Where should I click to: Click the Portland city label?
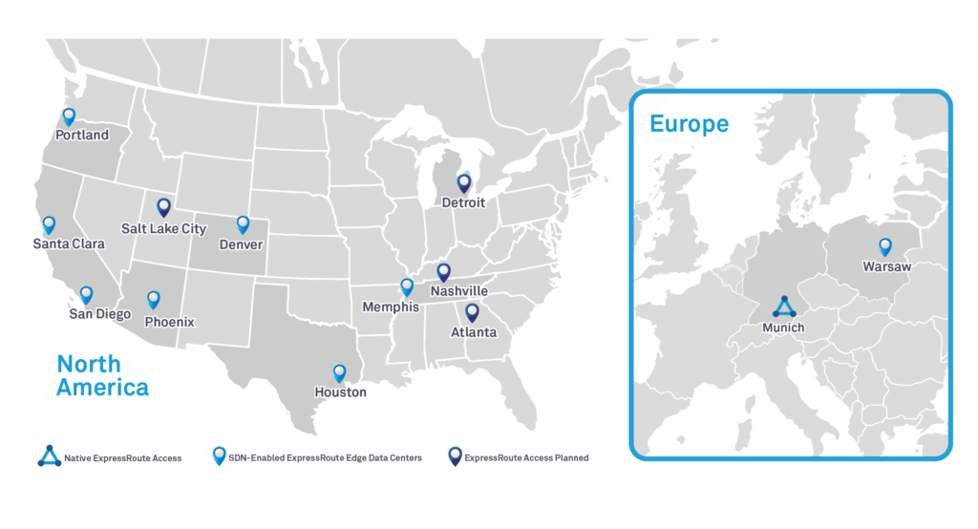[82, 136]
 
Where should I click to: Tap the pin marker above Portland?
[69, 116]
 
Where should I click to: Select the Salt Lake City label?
[163, 229]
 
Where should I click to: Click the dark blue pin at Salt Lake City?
[163, 206]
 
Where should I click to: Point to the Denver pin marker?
[243, 224]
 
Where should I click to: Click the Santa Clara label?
[68, 244]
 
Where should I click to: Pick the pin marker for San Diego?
[86, 295]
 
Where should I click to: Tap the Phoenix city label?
[169, 323]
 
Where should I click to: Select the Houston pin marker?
[339, 372]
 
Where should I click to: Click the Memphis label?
[390, 307]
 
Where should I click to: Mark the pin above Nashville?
[443, 272]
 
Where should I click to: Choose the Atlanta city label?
[474, 333]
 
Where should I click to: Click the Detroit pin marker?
[464, 182]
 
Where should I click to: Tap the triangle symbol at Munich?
[784, 307]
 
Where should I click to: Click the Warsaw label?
[886, 267]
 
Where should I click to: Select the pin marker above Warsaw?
[885, 246]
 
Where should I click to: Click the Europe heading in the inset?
[689, 124]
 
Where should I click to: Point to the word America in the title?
[102, 387]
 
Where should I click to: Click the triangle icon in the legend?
[49, 457]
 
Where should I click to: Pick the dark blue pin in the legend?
[455, 456]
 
